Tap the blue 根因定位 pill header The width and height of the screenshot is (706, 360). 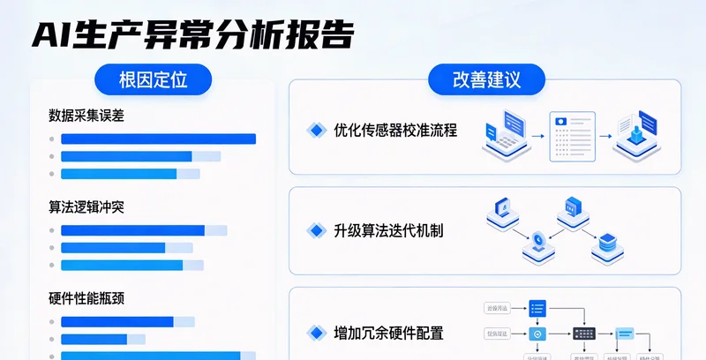coord(154,80)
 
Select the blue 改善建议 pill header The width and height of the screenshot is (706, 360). coord(486,80)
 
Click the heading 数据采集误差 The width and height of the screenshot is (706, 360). coord(93,115)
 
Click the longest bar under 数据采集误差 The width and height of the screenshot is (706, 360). coord(158,139)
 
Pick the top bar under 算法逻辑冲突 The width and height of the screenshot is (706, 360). coord(132,230)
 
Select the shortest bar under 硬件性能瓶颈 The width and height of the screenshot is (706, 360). coord(94,339)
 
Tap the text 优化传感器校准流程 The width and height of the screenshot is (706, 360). coord(395,131)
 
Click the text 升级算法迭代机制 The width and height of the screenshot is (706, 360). coord(388,231)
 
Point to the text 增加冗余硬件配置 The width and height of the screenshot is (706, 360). coord(388,333)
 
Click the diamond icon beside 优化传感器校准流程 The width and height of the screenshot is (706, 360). coord(316,131)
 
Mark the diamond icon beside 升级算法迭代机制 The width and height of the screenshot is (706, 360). coord(316,231)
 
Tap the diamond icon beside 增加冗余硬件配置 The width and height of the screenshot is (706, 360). coord(316,333)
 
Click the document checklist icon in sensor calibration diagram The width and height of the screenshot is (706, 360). coord(567,137)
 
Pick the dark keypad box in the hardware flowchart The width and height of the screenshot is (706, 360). coord(584,334)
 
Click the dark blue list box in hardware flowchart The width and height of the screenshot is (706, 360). coord(537,308)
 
